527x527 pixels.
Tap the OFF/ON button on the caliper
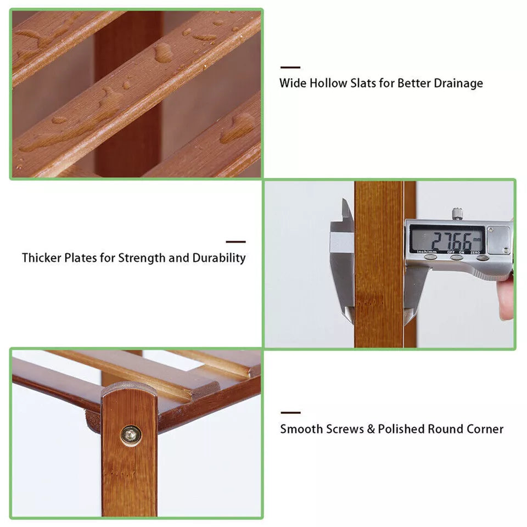[x=456, y=257]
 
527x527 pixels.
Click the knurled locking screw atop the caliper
[x=457, y=214]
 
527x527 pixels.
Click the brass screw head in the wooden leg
[x=131, y=435]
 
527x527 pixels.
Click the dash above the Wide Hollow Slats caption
[x=290, y=68]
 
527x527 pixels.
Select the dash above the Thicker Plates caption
[x=236, y=242]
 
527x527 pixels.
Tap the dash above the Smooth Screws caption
[x=290, y=412]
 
